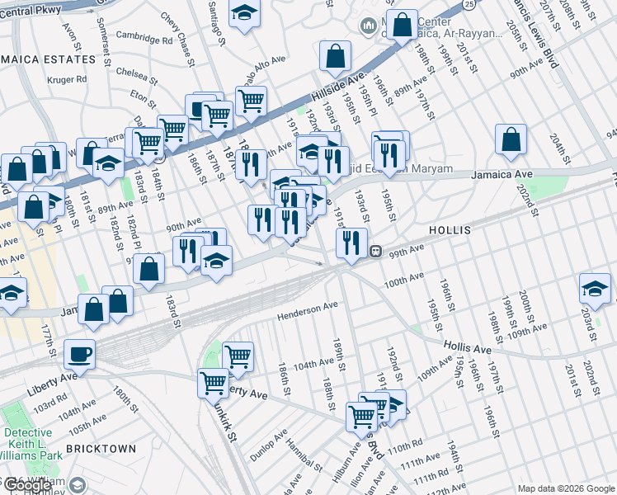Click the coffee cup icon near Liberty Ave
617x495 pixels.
pos(79,354)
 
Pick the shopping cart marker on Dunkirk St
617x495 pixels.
pos(213,383)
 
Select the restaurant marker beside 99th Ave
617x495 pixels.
pos(351,243)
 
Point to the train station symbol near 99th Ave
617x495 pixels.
pos(375,251)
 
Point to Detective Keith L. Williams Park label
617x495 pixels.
pos(33,444)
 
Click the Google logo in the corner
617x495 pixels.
pos(30,485)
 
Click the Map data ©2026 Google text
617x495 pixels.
pos(566,488)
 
